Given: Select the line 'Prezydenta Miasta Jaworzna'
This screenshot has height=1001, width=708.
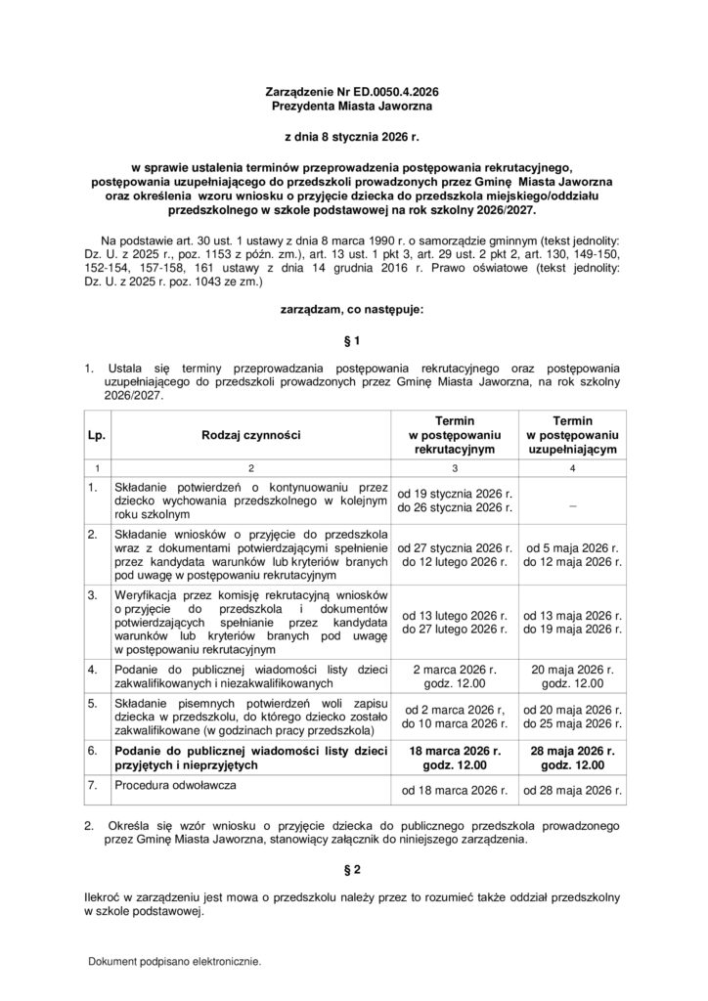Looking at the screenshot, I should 353,104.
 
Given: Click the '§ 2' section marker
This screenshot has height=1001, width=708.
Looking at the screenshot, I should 353,869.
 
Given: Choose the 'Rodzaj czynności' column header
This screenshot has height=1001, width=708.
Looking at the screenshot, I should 251,433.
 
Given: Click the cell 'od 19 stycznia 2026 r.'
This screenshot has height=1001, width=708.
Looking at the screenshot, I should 455,494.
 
